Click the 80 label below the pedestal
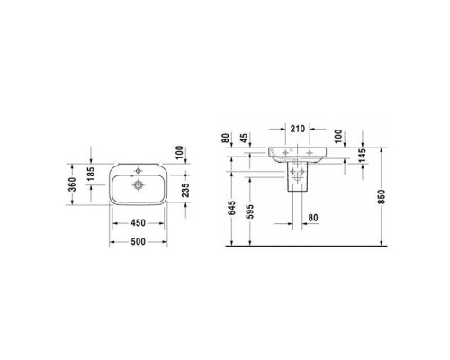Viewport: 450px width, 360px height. [x=313, y=216]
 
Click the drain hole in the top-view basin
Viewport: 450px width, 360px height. [x=139, y=185]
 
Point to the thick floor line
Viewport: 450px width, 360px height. [x=315, y=247]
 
